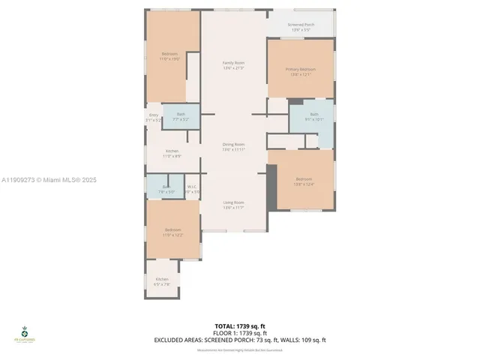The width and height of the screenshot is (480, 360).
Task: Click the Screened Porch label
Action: [x=301, y=25]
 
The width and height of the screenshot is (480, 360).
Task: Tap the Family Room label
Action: [x=234, y=62]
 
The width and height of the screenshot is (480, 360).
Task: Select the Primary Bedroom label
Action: [x=300, y=70]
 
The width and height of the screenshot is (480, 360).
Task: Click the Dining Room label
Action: [x=234, y=144]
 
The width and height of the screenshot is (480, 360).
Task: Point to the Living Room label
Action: [x=234, y=202]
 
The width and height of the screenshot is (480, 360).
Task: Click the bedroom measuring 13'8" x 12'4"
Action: [x=304, y=179]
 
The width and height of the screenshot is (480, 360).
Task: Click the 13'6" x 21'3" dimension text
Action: [x=234, y=68]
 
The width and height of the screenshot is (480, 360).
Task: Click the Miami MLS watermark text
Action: [x=49, y=180]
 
